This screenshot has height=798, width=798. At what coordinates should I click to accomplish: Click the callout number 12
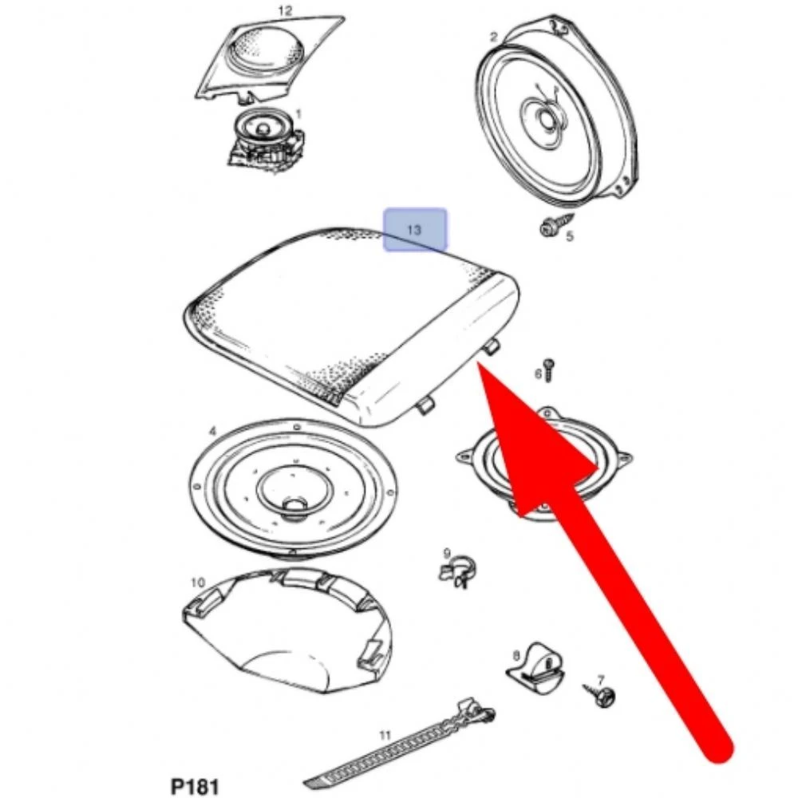pyautogui.click(x=286, y=10)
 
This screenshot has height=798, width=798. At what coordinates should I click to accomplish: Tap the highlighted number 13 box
pyautogui.click(x=415, y=230)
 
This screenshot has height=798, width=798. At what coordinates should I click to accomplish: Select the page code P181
pyautogui.click(x=195, y=786)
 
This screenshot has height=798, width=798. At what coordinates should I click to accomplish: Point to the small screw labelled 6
pyautogui.click(x=549, y=370)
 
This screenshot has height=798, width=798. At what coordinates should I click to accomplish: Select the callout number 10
pyautogui.click(x=198, y=583)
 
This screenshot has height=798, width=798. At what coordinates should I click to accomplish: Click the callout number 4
pyautogui.click(x=212, y=432)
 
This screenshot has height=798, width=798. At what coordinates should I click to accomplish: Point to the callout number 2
pyautogui.click(x=492, y=38)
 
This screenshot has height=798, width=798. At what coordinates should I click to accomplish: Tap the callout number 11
pyautogui.click(x=385, y=735)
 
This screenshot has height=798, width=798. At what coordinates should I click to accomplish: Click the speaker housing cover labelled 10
pyautogui.click(x=287, y=631)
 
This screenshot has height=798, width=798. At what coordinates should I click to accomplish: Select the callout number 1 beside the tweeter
pyautogui.click(x=298, y=113)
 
